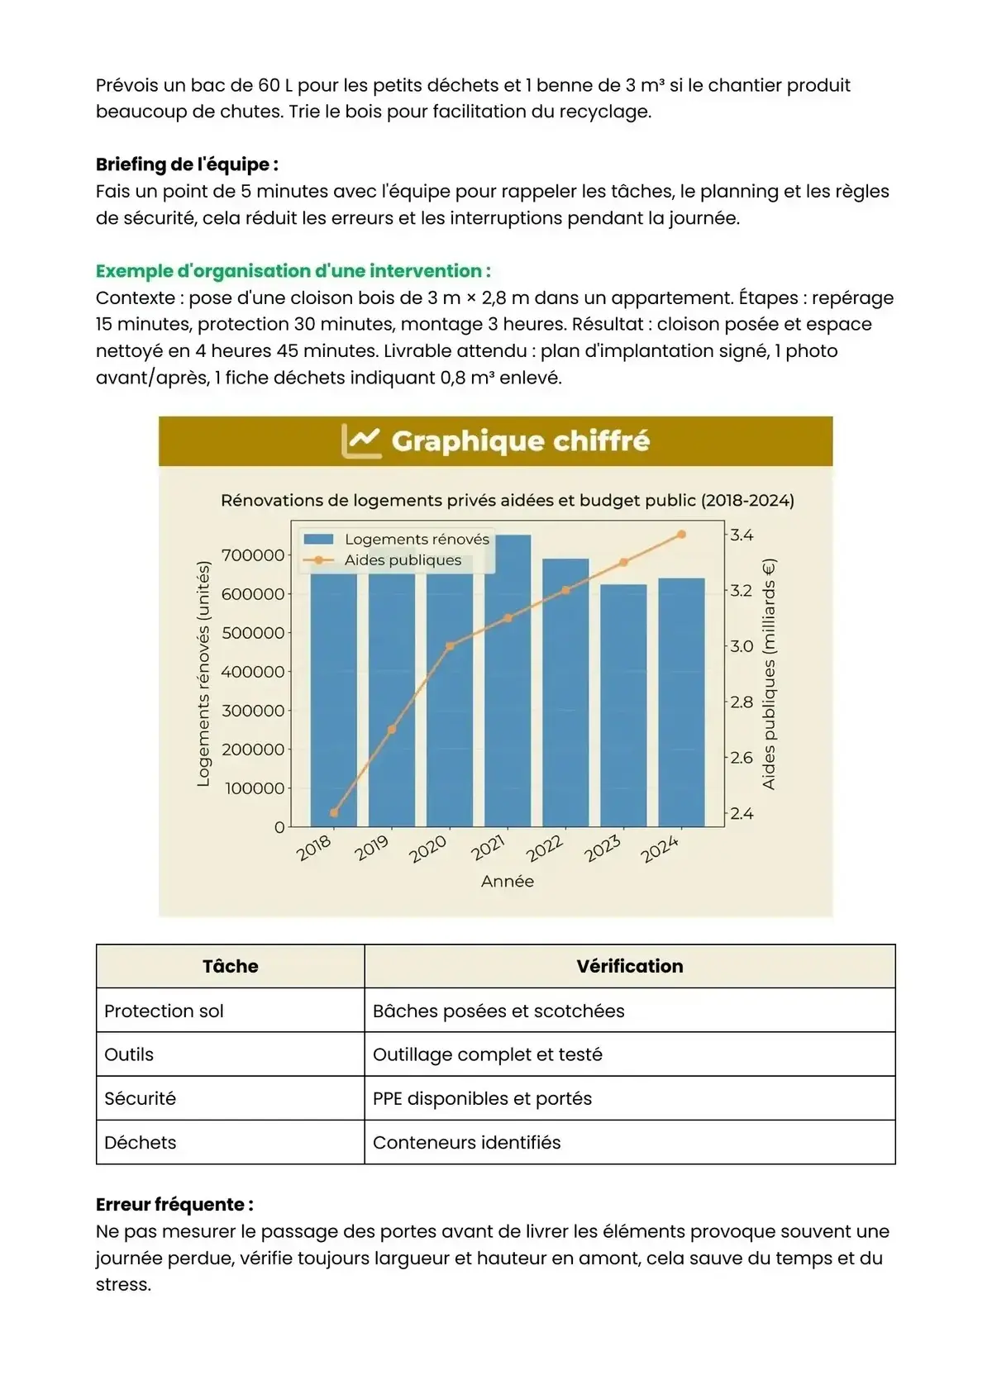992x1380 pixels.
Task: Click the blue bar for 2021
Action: (508, 681)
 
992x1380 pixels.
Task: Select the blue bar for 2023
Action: (623, 706)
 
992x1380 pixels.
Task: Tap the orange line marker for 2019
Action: (392, 730)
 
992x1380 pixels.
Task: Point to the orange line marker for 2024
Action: (681, 535)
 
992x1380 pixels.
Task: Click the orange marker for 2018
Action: (334, 813)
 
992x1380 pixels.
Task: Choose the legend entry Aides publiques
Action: (403, 560)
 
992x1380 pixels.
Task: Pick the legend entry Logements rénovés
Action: (417, 540)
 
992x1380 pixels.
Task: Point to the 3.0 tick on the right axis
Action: (741, 646)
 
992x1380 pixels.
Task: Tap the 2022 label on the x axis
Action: (545, 849)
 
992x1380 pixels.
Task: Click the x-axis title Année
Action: (508, 882)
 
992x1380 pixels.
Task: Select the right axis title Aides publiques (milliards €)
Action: (769, 674)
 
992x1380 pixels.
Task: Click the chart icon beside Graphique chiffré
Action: (361, 441)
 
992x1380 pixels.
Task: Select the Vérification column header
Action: (630, 966)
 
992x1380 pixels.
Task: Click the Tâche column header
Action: (230, 966)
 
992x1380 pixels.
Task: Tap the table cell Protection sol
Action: (164, 1011)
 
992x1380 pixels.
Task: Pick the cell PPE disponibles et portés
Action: (482, 1098)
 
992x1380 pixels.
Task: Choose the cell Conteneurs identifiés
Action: (466, 1143)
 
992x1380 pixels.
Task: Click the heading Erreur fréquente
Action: (174, 1204)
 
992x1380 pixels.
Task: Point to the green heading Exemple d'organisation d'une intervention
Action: (293, 271)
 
